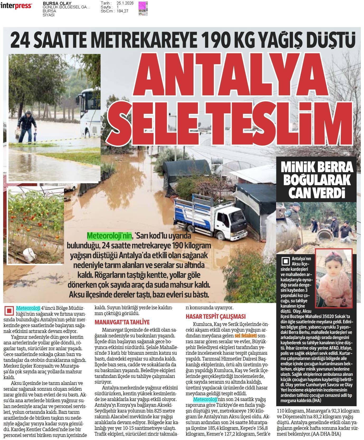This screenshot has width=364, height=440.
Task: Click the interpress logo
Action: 16,6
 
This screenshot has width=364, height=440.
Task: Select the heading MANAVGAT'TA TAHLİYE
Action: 122,322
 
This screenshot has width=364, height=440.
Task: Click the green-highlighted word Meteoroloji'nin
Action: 109,235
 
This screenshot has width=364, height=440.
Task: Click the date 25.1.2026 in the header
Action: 125,3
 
